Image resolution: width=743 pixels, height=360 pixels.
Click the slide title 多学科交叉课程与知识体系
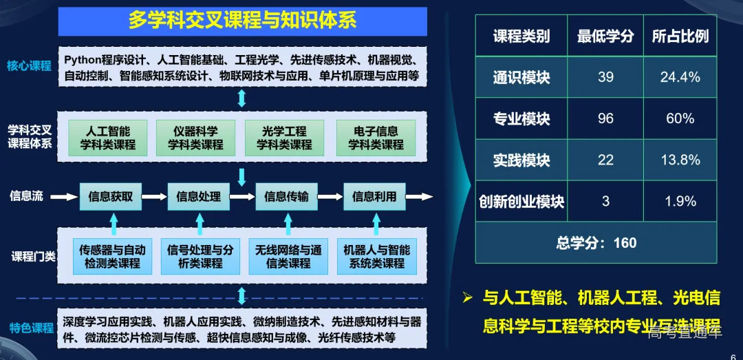pos(242,20)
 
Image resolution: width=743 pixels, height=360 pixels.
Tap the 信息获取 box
pos(115,196)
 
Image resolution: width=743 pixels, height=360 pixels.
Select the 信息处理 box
pos(199,196)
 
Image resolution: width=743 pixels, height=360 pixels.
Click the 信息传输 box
pos(286,196)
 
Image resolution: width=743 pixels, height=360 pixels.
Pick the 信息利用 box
pos(374,196)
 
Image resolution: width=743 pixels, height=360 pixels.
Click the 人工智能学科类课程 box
pos(107,138)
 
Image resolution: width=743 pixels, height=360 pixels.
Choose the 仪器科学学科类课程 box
pos(196,138)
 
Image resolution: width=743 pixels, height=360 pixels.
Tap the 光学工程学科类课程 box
pos(284,138)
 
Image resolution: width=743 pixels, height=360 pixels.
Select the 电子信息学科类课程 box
pos(376,138)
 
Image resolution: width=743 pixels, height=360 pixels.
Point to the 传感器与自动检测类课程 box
pos(113,256)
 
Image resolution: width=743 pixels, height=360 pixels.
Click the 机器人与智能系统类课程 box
pos(376,256)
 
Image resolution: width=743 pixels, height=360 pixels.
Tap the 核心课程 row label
pos(30,66)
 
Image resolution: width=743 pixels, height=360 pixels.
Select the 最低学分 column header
pos(605,36)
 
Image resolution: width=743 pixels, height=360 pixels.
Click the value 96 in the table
pos(605,118)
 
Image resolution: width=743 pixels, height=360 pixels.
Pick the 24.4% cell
pos(680,77)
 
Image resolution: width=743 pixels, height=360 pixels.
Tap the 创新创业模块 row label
pos(521,202)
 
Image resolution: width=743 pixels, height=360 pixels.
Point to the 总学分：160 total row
pos(596,242)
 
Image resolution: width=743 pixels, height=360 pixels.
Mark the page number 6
pos(732,349)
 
